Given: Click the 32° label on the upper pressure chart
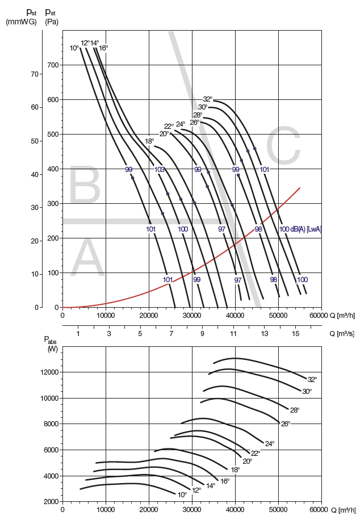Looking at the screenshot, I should [208, 99].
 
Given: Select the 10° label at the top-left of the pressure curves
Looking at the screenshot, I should [74, 48].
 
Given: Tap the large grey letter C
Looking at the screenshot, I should [282, 147].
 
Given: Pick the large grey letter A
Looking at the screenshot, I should [87, 259].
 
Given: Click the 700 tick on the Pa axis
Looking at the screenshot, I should [53, 65].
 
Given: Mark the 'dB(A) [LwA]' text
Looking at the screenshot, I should [307, 229].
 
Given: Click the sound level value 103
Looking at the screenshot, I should [160, 169].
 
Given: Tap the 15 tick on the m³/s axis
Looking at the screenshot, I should [295, 334].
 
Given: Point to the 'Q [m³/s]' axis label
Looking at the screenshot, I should [340, 334].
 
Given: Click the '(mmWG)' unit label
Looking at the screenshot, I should [22, 22].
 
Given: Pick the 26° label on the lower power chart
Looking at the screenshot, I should [286, 424].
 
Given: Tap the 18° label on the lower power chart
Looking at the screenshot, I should [235, 469].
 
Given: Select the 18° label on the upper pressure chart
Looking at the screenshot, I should [149, 141].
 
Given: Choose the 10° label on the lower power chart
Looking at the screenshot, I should [182, 495].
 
